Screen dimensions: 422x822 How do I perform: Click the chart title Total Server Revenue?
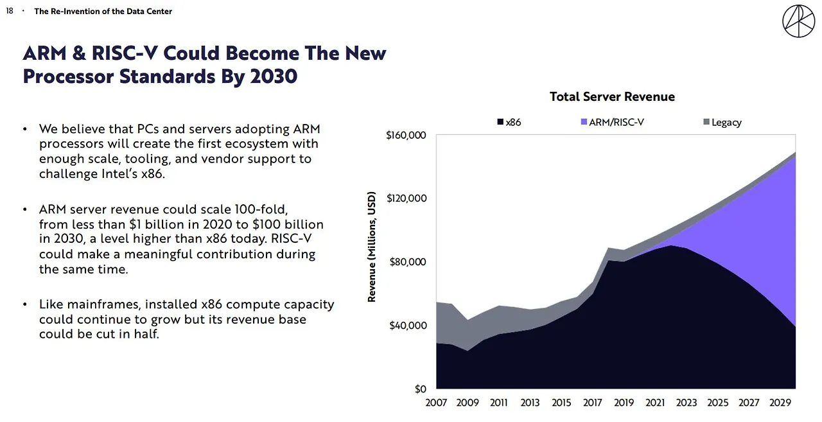[x=612, y=97]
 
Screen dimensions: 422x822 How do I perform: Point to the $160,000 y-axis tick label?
[x=407, y=136]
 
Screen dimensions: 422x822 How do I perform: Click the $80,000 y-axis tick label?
[x=409, y=262]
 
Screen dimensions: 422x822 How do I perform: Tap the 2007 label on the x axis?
[x=437, y=403]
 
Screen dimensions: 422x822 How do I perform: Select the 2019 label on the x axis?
[x=624, y=403]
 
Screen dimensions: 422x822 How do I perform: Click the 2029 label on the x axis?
[x=781, y=403]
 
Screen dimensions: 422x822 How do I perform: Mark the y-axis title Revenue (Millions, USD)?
[x=372, y=246]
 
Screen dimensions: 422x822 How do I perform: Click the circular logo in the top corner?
[x=798, y=21]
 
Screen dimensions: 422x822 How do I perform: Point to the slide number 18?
[x=10, y=11]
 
